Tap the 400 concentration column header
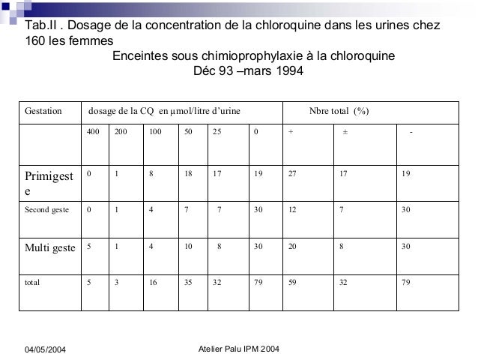point(93,132)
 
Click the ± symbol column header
point(345,133)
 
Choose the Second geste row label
point(47,210)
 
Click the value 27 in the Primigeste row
point(292,173)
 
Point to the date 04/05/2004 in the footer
point(49,351)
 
